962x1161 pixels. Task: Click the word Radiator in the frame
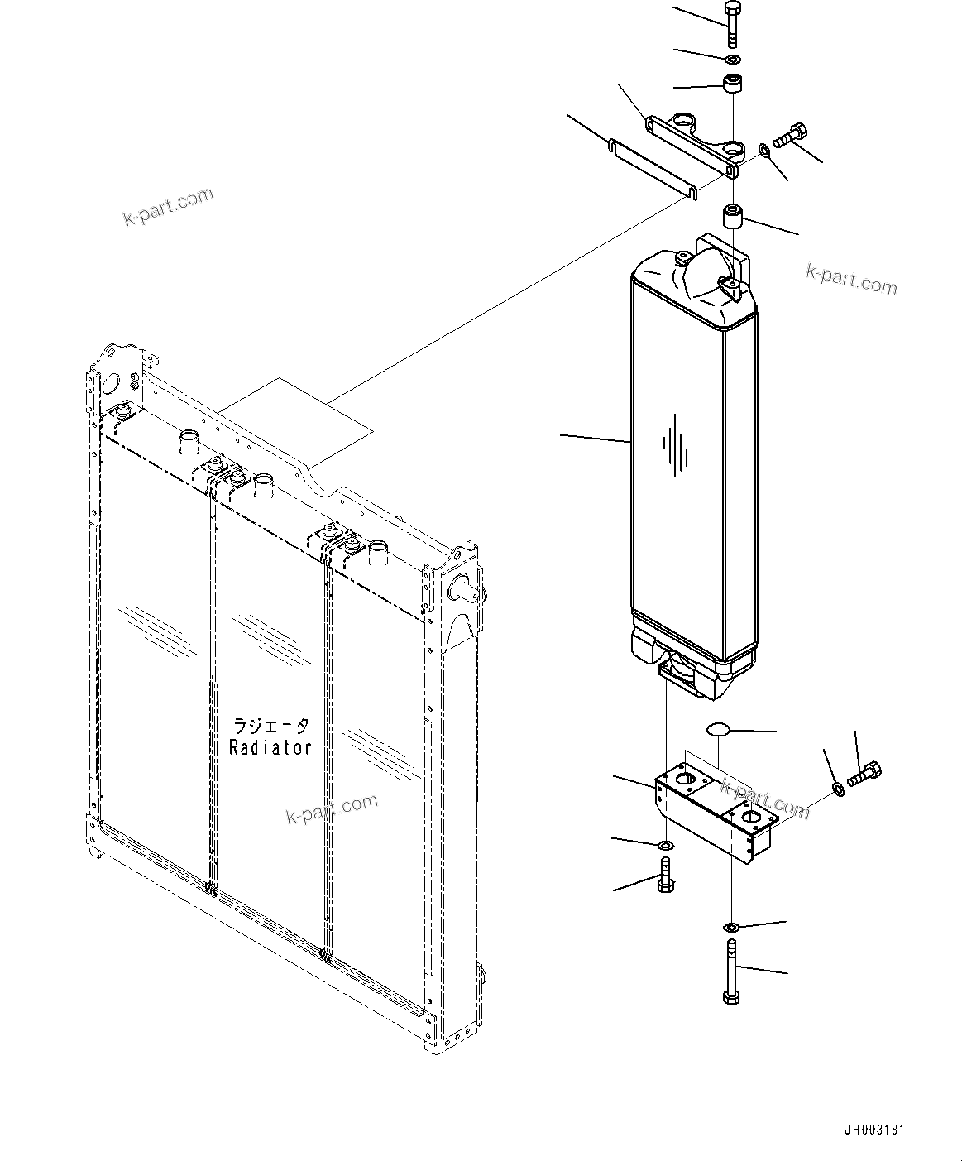[270, 747]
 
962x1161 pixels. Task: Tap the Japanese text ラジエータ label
[271, 726]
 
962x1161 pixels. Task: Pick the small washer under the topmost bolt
[732, 60]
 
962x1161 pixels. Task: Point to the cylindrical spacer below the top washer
[732, 84]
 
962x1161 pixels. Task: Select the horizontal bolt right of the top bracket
[791, 136]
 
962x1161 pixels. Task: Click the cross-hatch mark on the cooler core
[675, 451]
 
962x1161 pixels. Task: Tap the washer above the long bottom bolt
[732, 926]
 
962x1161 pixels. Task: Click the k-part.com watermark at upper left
[168, 208]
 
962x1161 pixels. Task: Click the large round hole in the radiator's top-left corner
[108, 384]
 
